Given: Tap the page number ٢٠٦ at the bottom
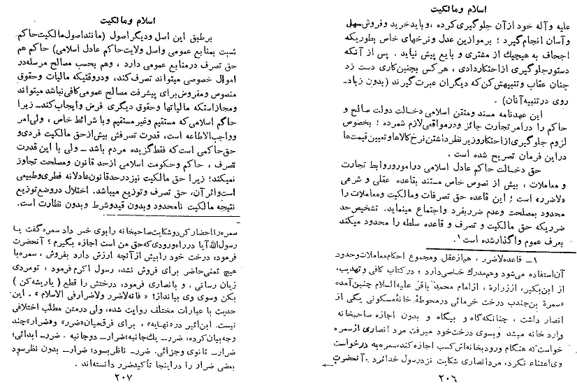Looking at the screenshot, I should click(x=441, y=381).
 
